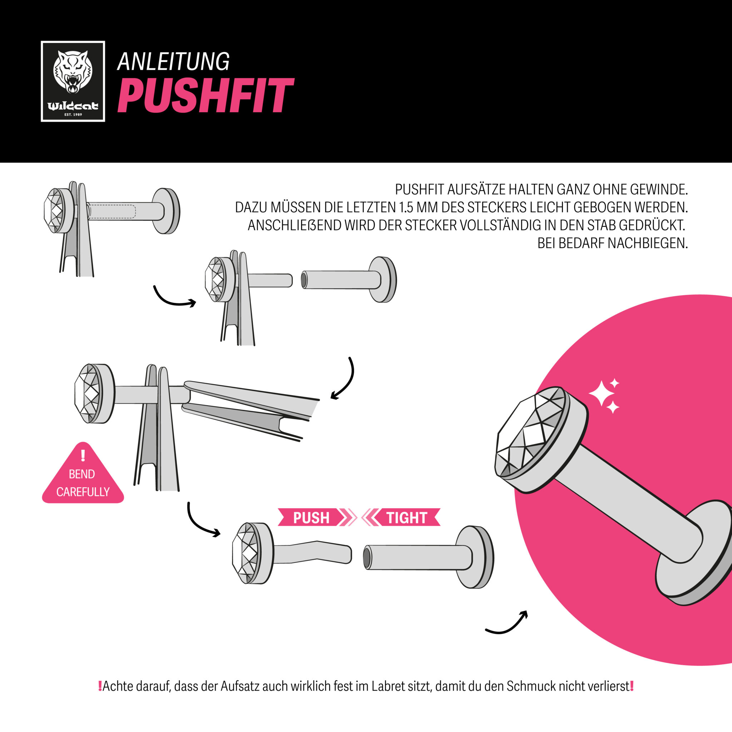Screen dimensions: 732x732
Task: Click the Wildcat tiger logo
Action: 73,81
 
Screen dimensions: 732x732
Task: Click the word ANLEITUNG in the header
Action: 173,61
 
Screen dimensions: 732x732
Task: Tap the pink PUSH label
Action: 311,518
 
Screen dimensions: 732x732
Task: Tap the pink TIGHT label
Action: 406,518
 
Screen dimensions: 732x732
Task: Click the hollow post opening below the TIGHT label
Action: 367,557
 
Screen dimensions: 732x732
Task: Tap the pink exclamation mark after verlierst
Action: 632,686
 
